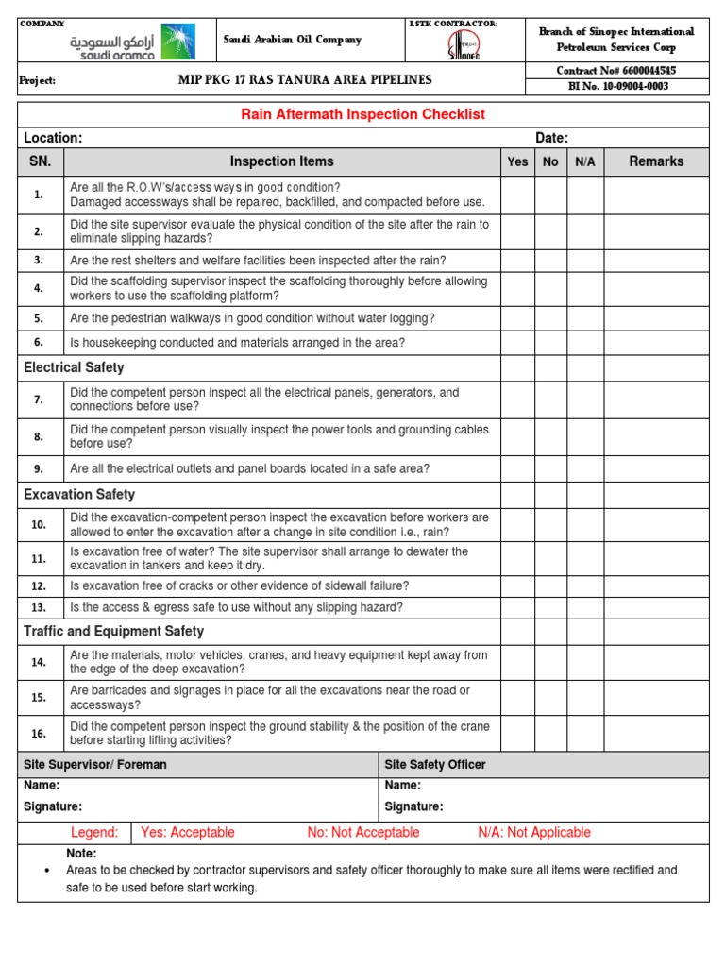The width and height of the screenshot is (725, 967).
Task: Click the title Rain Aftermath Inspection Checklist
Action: point(363,114)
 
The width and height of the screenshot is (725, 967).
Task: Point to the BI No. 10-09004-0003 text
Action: point(619,87)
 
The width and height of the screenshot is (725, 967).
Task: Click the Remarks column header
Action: point(656,161)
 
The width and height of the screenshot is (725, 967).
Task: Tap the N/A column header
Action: point(584,161)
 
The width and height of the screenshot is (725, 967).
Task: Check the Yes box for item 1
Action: point(517,195)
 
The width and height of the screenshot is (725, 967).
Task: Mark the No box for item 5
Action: point(550,318)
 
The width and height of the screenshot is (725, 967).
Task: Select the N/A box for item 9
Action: point(584,468)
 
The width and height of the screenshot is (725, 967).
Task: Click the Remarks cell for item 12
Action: point(656,585)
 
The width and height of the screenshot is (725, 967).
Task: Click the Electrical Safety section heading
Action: point(74,367)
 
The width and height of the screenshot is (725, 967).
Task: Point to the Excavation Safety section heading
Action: point(79,494)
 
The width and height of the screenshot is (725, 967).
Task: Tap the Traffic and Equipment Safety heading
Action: point(113,631)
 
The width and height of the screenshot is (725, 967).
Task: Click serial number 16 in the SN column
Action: point(39,734)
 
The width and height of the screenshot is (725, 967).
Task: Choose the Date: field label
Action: point(551,138)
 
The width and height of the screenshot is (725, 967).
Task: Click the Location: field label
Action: point(53,138)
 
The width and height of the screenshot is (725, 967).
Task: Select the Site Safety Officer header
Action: point(435,764)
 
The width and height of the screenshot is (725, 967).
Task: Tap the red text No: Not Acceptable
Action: point(363,832)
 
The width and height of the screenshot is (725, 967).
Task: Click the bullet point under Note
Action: point(47,871)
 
